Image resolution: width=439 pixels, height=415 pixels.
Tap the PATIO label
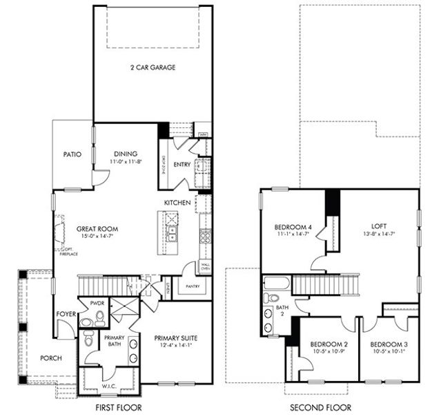73,154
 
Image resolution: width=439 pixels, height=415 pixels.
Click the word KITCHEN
177,202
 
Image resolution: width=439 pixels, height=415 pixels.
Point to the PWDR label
96,303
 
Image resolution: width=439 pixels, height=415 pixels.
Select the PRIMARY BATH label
113,342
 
